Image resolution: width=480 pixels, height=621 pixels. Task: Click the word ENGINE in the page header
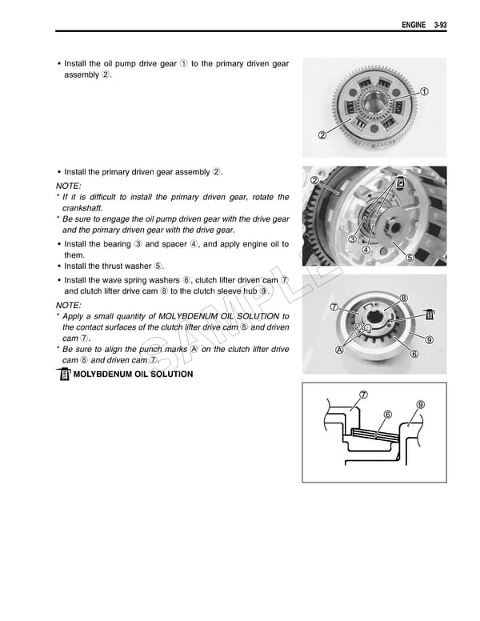413,24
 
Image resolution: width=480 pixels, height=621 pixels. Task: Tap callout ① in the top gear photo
423,90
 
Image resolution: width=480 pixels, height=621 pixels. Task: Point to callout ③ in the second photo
351,239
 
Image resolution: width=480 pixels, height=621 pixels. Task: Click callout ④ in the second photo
366,249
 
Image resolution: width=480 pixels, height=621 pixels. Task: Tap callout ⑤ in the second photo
409,257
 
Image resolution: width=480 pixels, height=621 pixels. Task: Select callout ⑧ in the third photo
403,298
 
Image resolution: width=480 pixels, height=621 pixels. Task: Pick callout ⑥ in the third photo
414,353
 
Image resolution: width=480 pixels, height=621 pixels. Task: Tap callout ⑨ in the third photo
430,339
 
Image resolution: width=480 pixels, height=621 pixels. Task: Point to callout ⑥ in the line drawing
387,415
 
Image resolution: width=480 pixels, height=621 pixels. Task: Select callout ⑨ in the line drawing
420,404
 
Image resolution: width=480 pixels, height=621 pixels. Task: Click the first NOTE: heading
68,186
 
